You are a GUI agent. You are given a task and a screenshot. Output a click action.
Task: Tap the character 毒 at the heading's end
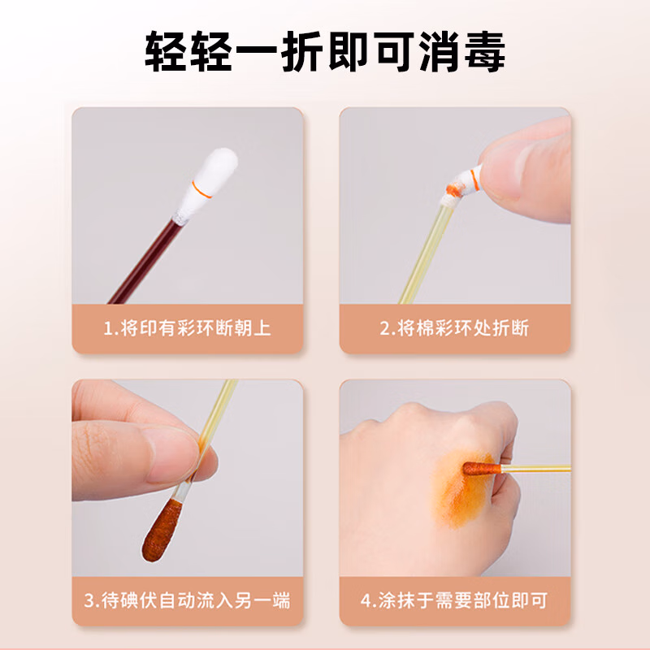coord(484,52)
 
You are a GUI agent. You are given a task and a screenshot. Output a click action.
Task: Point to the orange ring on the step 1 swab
coord(201,189)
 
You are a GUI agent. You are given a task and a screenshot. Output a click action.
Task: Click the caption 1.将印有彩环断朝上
coord(187,328)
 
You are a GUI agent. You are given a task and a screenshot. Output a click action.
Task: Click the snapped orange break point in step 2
coord(453,191)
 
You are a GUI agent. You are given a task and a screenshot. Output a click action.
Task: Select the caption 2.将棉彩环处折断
coord(454,328)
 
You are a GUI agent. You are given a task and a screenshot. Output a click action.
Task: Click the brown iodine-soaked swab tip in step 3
coord(162,531)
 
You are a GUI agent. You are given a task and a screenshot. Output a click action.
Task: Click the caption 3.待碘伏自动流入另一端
coord(187,600)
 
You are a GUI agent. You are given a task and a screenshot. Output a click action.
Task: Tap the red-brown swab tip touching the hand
coord(482,469)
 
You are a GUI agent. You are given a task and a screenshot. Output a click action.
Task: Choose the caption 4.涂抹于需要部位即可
coord(454,600)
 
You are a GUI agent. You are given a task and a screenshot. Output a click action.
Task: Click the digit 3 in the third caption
coord(89,601)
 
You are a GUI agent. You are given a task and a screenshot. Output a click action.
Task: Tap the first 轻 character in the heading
coord(166,52)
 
